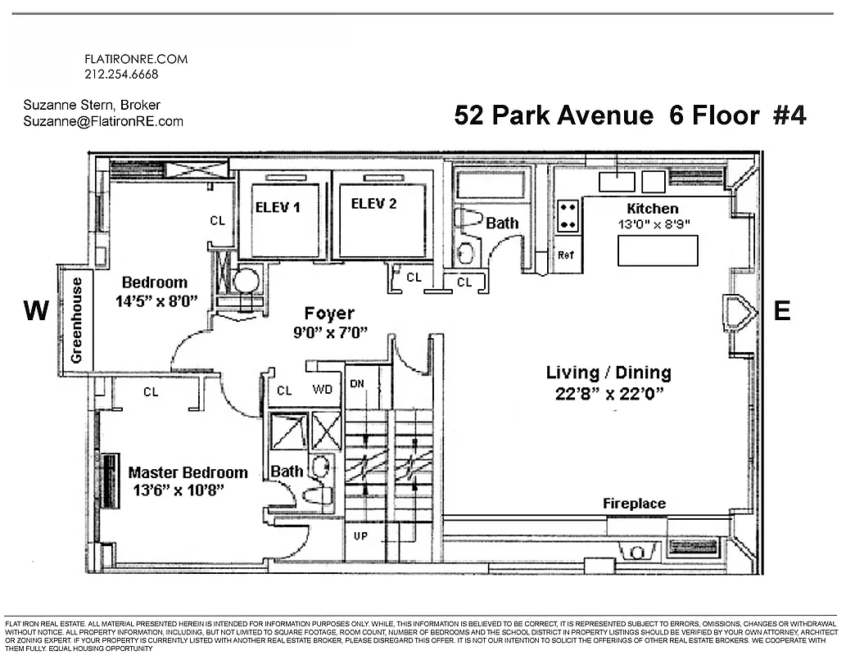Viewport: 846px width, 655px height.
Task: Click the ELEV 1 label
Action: point(278,207)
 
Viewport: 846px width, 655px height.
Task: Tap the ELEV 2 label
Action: point(373,204)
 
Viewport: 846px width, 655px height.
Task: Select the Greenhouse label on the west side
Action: point(77,319)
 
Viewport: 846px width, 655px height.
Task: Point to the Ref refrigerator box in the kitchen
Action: point(565,255)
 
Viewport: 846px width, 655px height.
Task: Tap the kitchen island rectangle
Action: point(657,251)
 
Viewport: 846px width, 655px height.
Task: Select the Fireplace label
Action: point(634,504)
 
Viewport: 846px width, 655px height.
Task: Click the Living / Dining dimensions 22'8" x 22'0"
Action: point(608,393)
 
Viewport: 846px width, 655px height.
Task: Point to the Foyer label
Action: point(329,313)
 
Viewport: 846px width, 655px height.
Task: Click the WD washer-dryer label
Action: point(323,390)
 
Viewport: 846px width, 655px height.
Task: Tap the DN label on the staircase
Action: point(357,383)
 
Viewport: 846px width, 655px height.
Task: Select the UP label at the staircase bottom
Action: point(360,536)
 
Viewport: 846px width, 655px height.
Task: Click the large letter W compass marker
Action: point(37,311)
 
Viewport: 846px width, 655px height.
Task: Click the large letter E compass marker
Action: point(782,311)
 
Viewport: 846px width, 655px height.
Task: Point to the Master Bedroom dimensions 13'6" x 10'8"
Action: point(179,490)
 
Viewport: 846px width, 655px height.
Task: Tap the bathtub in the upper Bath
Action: point(490,185)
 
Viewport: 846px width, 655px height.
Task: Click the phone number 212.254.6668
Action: point(121,75)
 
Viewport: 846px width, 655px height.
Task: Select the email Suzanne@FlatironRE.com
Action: point(104,121)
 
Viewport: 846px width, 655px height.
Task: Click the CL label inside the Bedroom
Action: point(217,220)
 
